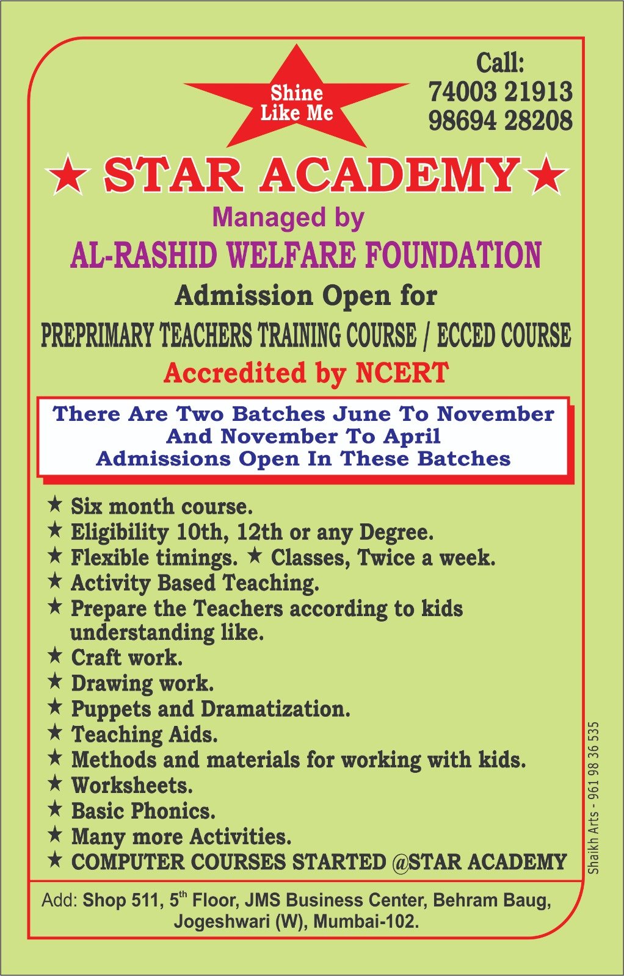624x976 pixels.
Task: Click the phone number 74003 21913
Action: click(x=500, y=91)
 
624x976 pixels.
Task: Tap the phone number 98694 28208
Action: click(x=500, y=120)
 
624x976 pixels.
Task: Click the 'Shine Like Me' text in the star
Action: click(x=297, y=102)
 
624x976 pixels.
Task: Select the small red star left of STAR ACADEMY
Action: click(x=67, y=176)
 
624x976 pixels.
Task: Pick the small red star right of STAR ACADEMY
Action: click(x=546, y=176)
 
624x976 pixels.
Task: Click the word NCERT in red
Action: click(x=402, y=373)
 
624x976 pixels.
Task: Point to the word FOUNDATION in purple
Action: click(x=453, y=255)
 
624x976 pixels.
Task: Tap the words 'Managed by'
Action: click(x=288, y=218)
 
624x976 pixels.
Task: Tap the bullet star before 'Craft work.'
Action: click(x=55, y=656)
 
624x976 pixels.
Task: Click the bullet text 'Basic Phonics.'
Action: click(x=143, y=811)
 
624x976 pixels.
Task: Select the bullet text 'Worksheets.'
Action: click(x=132, y=785)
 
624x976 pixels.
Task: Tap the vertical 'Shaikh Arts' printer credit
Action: click(x=593, y=797)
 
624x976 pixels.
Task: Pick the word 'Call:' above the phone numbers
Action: click(x=500, y=63)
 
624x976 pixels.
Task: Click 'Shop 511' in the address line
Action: click(x=123, y=900)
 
